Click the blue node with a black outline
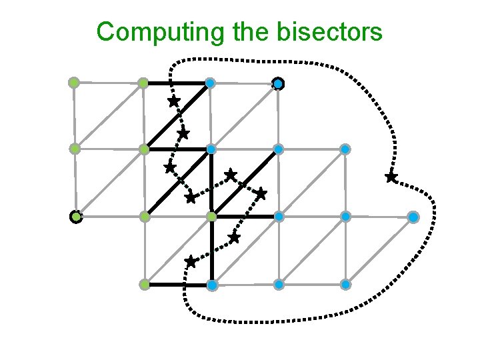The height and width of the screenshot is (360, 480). [278, 83]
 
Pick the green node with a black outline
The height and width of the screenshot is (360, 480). [76, 217]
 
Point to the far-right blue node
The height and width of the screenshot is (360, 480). [413, 217]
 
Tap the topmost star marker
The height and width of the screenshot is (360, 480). [173, 101]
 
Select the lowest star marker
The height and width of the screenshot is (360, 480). [191, 261]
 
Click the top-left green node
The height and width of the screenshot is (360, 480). [74, 83]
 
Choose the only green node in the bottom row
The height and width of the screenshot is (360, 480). [144, 285]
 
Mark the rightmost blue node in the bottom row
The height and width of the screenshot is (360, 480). [346, 285]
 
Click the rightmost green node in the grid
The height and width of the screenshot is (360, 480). [211, 217]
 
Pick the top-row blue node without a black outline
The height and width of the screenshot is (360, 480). [210, 83]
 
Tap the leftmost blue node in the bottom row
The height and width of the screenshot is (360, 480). [211, 285]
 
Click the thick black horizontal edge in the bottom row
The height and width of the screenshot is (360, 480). [177, 285]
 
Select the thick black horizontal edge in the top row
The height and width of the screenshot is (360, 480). [176, 83]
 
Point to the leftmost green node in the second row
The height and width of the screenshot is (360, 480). [75, 149]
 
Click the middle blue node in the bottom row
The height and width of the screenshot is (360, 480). [279, 285]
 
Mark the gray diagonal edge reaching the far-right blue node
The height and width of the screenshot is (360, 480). [380, 251]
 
